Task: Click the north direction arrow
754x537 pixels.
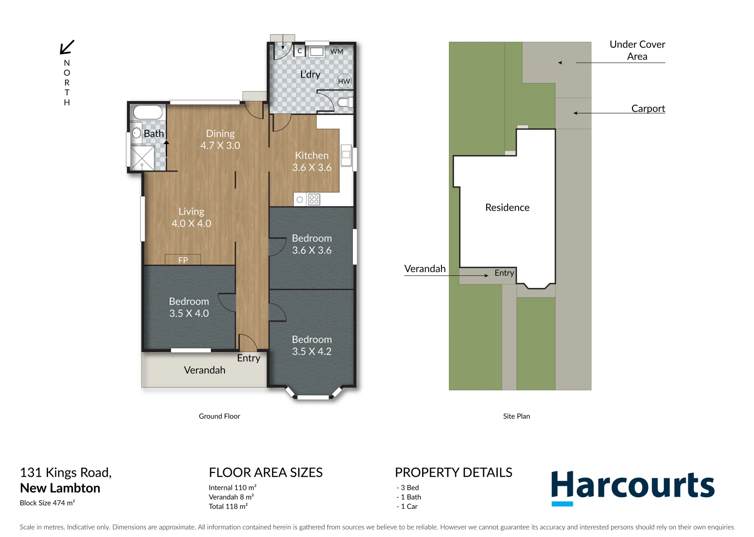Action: [67, 47]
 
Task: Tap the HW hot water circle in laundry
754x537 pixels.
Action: [344, 81]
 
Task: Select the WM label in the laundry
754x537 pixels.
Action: [336, 51]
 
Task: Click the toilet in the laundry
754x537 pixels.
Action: [345, 102]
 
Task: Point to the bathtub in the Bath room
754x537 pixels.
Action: [148, 112]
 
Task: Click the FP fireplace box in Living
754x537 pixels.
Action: [183, 260]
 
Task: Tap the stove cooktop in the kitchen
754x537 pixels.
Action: [314, 199]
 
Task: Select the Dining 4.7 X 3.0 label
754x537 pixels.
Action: [220, 140]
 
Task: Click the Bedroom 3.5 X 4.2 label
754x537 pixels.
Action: [312, 345]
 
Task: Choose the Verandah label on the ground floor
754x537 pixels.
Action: [205, 370]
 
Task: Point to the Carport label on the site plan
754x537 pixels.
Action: [648, 108]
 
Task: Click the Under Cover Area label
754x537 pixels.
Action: [637, 50]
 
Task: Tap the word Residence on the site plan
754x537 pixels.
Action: [507, 207]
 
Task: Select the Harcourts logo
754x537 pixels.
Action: [633, 487]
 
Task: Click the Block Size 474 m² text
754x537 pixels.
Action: [47, 503]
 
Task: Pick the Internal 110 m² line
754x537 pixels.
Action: [232, 488]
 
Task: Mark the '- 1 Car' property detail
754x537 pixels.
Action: [407, 506]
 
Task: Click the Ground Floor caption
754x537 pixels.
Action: [219, 416]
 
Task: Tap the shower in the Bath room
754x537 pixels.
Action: [142, 158]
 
